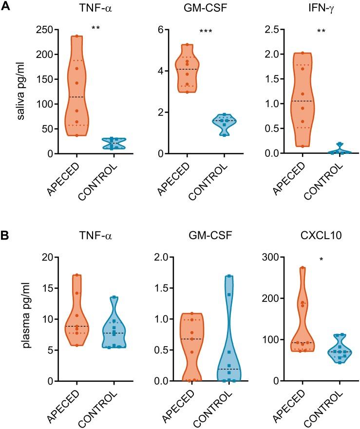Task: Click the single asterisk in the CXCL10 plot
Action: pyautogui.click(x=321, y=260)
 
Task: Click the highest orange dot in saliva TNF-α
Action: pyautogui.click(x=76, y=36)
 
